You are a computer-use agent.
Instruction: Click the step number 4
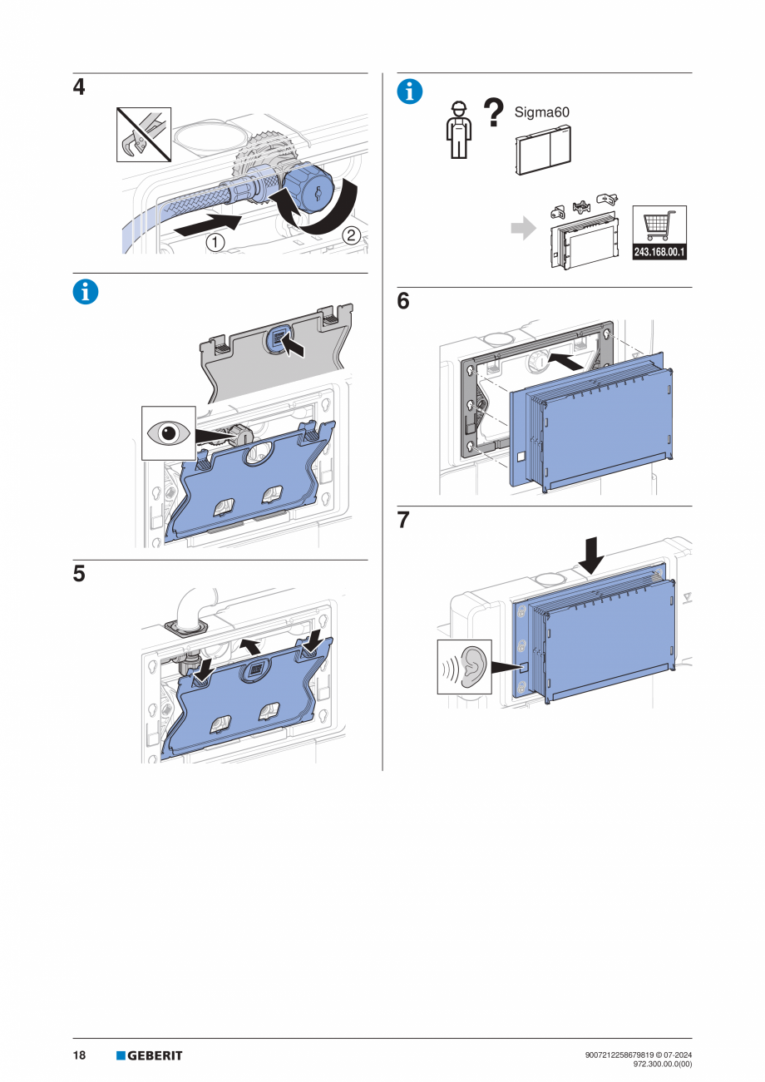coord(79,86)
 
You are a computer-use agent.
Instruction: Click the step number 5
coord(79,574)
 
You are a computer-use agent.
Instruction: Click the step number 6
coord(403,301)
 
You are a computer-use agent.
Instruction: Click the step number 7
coord(403,520)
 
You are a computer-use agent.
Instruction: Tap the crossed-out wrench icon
coord(143,134)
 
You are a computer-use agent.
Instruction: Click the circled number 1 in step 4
coord(215,243)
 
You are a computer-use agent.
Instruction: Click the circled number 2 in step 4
coord(351,235)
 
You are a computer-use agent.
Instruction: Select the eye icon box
coord(169,432)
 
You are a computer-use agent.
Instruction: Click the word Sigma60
coord(541,112)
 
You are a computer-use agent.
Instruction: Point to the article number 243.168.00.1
coord(660,251)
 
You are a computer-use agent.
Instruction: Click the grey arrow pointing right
coord(523,230)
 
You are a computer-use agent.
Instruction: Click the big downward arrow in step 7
coord(592,555)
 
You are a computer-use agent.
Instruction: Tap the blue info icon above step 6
coord(410,91)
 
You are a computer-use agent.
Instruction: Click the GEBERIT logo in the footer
coord(150,1055)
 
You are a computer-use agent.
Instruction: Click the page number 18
coord(79,1055)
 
